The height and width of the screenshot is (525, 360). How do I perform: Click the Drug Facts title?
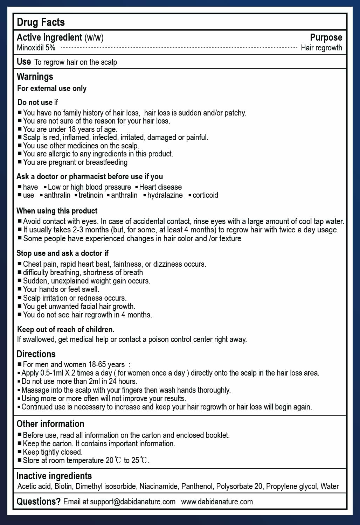[x=41, y=22]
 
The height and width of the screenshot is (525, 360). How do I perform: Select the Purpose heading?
[x=326, y=37]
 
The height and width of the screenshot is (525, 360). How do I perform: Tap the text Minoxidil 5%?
[x=36, y=48]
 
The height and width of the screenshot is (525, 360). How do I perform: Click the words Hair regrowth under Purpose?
[x=321, y=48]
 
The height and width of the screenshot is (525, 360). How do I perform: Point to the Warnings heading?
[x=35, y=76]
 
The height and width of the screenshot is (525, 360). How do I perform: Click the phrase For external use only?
[x=52, y=88]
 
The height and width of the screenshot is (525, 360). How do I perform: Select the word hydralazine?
[x=165, y=195]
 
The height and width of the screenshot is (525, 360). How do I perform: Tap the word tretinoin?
[x=91, y=195]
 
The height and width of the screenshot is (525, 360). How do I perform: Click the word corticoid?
[x=205, y=195]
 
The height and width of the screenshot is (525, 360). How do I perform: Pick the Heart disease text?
[x=160, y=187]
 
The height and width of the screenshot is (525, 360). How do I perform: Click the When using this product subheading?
[x=57, y=211]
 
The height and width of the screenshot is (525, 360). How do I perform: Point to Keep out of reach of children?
[x=66, y=329]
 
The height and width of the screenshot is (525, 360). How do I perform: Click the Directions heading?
[x=36, y=354]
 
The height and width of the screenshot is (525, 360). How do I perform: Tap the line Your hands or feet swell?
[x=61, y=289]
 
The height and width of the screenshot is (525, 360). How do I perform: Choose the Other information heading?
[x=50, y=424]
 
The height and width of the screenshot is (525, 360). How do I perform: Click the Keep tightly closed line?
[x=53, y=452]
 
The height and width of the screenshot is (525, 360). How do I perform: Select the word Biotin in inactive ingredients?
[x=63, y=486]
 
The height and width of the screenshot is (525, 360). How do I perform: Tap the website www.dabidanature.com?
[x=217, y=502]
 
